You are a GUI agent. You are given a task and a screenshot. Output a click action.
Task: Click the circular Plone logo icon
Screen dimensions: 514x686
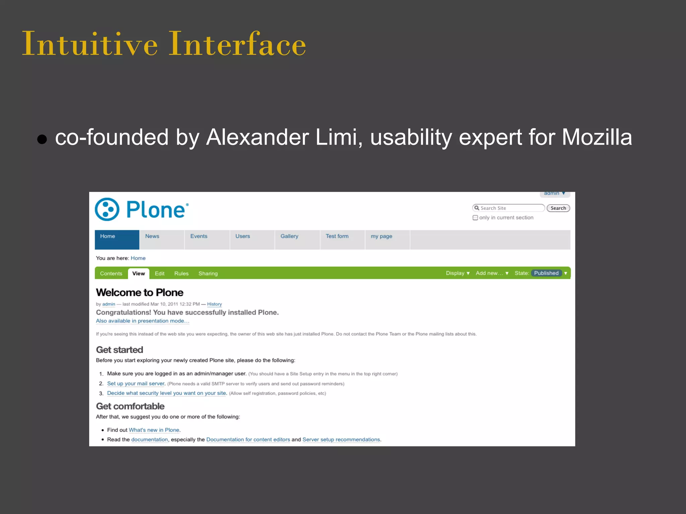tap(107, 209)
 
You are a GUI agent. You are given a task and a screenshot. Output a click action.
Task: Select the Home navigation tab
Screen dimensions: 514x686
tap(117, 239)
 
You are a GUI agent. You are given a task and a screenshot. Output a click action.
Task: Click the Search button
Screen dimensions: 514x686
tap(558, 208)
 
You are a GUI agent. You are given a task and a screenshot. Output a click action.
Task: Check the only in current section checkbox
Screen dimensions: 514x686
tap(475, 218)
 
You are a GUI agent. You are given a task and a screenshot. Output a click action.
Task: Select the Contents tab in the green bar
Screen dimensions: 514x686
tap(111, 273)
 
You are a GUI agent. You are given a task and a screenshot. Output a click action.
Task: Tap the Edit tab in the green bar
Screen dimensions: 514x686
tap(159, 273)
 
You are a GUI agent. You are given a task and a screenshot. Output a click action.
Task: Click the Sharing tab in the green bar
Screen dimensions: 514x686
tap(208, 273)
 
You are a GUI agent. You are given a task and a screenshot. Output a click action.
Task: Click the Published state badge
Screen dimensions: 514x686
tap(546, 273)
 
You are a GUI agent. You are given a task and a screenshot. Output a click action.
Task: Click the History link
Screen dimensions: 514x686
tap(214, 304)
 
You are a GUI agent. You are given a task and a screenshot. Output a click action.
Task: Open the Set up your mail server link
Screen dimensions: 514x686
tap(136, 383)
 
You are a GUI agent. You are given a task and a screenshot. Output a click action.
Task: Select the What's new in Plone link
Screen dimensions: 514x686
tap(154, 430)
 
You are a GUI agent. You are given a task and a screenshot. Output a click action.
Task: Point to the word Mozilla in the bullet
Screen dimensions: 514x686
tap(597, 137)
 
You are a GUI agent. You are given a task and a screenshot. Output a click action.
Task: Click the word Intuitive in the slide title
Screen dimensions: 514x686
tap(90, 44)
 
